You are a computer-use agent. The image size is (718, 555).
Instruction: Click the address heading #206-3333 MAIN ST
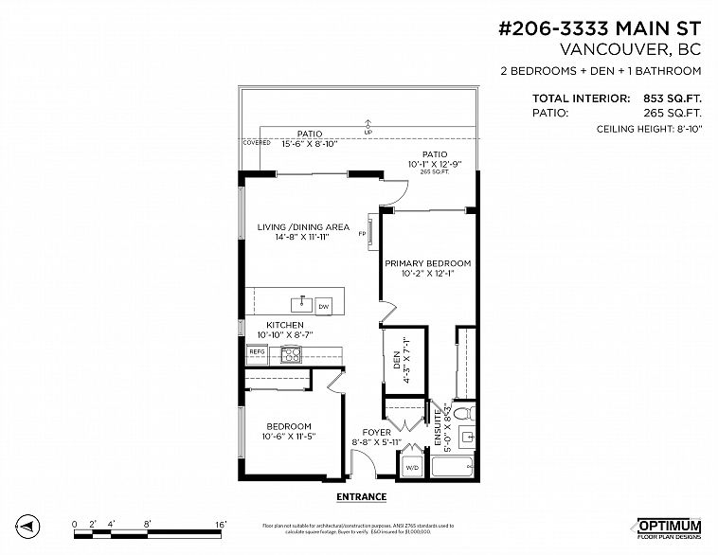tap(599, 28)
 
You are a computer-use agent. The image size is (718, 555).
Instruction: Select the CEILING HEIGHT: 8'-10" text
tap(649, 129)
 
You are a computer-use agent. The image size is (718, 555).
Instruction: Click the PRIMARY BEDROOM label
tap(427, 263)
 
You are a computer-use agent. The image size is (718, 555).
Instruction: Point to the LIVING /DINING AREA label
tap(303, 227)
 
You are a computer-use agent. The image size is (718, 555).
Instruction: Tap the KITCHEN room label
tap(284, 325)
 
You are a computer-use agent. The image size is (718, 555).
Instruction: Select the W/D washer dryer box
tap(413, 467)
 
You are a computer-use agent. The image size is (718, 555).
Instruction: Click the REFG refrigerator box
tap(256, 351)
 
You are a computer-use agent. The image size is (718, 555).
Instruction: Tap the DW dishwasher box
tap(323, 306)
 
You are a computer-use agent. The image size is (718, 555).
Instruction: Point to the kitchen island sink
tap(302, 303)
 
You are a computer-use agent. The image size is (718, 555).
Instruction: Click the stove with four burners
tap(291, 355)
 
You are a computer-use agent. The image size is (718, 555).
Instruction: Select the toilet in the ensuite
tap(463, 414)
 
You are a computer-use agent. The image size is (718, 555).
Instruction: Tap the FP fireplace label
tap(362, 235)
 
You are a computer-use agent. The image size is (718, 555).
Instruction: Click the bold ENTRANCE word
tap(361, 496)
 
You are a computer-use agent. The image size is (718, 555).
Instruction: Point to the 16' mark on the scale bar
tap(220, 523)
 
